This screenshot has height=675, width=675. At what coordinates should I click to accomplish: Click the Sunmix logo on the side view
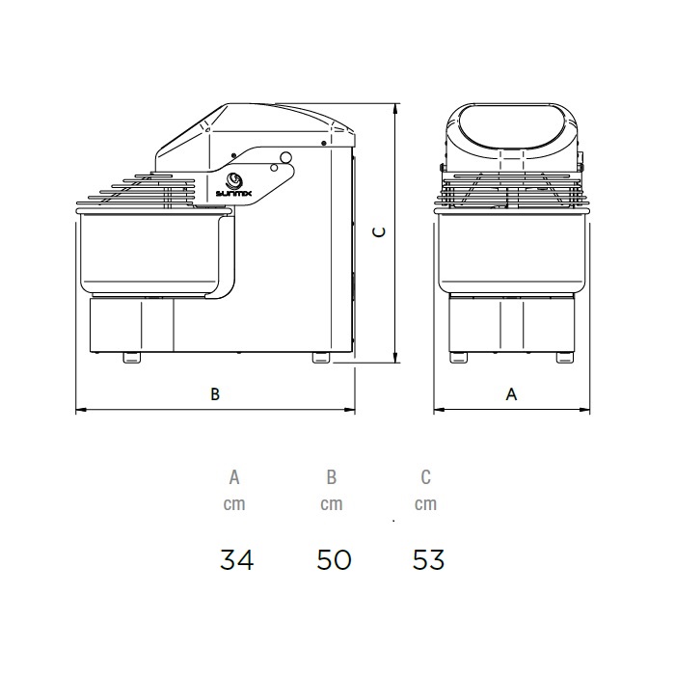coord(233,185)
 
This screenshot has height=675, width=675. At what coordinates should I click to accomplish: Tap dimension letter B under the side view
coord(215,393)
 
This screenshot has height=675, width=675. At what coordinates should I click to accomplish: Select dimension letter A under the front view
coord(511,393)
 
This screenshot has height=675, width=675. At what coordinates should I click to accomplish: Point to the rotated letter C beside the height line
coord(379,232)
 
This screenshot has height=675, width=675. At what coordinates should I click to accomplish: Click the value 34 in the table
coord(236,559)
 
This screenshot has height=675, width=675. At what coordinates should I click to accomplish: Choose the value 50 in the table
coord(334,559)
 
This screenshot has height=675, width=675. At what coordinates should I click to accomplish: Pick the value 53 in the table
coord(428,559)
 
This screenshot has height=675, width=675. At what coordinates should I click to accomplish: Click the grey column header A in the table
coord(234,477)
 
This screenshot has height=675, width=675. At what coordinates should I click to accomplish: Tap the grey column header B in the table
coord(331,477)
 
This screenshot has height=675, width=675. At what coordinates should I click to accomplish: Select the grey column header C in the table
coord(426,477)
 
